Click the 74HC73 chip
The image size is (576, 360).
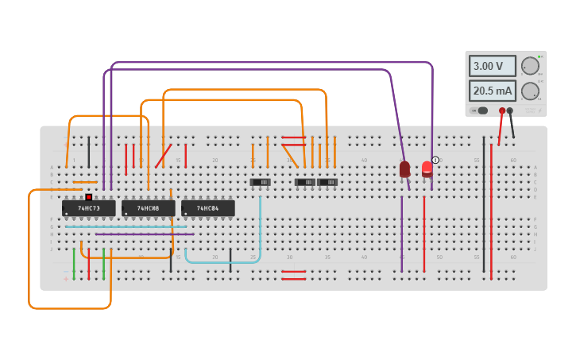[x=88, y=208]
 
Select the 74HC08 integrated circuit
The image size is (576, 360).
[x=148, y=208]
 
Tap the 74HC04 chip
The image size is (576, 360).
[x=207, y=208]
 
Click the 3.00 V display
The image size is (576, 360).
[x=492, y=66]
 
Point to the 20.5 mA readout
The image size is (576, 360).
[x=492, y=91]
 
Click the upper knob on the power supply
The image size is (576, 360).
[x=529, y=66]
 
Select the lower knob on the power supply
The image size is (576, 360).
[x=529, y=91]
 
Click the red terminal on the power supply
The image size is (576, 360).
[x=502, y=110]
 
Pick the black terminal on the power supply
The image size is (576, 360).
[x=510, y=110]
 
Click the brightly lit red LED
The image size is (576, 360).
[x=427, y=168]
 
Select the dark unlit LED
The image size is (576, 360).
[x=404, y=168]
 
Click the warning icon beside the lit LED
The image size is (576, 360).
[x=435, y=160]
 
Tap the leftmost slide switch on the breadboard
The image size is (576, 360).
[x=260, y=182]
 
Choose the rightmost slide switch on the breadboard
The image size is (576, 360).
[x=327, y=182]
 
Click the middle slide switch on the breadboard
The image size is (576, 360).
[x=304, y=182]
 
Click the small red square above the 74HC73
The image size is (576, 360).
[x=88, y=196]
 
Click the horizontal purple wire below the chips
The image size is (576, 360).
[x=143, y=234]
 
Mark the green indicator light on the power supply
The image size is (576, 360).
[x=539, y=56]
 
